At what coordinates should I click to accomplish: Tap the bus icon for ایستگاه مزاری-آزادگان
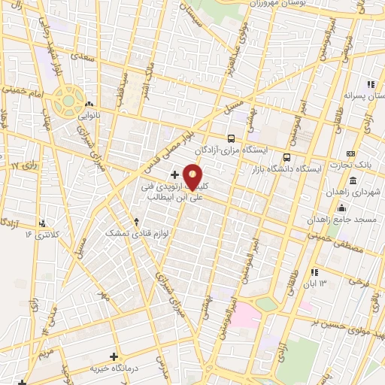click(231, 138)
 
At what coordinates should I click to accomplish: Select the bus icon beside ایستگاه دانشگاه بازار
click(286, 158)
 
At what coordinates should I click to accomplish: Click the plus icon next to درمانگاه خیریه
click(114, 356)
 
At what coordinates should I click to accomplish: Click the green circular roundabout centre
click(68, 100)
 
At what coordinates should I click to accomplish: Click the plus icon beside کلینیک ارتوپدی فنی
click(174, 174)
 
